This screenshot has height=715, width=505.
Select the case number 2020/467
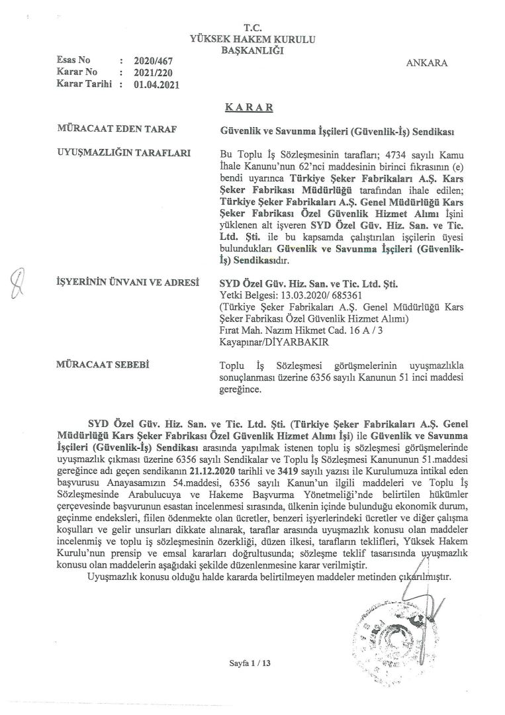149,61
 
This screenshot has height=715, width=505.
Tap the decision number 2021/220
149,72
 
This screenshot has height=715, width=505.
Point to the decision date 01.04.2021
156,84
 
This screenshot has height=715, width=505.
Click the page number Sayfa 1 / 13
252,663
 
